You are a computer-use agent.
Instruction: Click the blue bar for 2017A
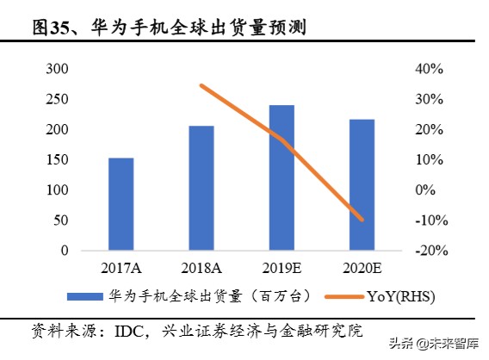(x=121, y=204)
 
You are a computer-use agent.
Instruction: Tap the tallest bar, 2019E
(x=282, y=177)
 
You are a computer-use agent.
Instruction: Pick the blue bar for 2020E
(x=362, y=184)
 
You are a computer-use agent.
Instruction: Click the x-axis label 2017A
(x=121, y=267)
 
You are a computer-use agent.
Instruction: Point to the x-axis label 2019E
(x=282, y=267)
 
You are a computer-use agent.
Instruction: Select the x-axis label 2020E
(x=362, y=267)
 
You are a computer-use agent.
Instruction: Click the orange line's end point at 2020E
(x=362, y=220)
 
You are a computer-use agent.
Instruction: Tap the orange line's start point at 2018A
(x=201, y=85)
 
